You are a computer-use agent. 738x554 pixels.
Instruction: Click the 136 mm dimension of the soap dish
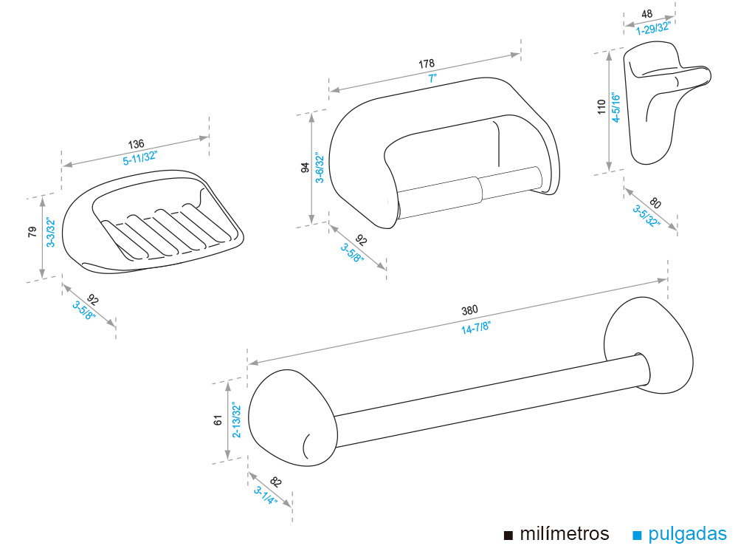click(136, 143)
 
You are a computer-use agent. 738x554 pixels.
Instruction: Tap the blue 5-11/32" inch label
click(139, 158)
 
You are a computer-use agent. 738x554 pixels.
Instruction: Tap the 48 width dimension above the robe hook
click(647, 14)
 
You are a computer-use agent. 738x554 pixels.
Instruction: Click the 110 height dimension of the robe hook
click(601, 109)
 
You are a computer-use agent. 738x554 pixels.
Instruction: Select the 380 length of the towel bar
click(470, 310)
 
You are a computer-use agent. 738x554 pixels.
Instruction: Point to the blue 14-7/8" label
click(476, 329)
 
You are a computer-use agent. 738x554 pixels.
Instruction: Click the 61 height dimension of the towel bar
click(218, 420)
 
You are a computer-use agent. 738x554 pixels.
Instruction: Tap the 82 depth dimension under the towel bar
click(275, 482)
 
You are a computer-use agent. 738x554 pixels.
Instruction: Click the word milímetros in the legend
click(565, 533)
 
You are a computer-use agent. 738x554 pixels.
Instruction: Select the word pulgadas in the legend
click(690, 533)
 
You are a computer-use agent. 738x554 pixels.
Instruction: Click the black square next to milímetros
click(508, 535)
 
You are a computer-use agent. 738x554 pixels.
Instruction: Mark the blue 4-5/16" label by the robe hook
click(614, 109)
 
